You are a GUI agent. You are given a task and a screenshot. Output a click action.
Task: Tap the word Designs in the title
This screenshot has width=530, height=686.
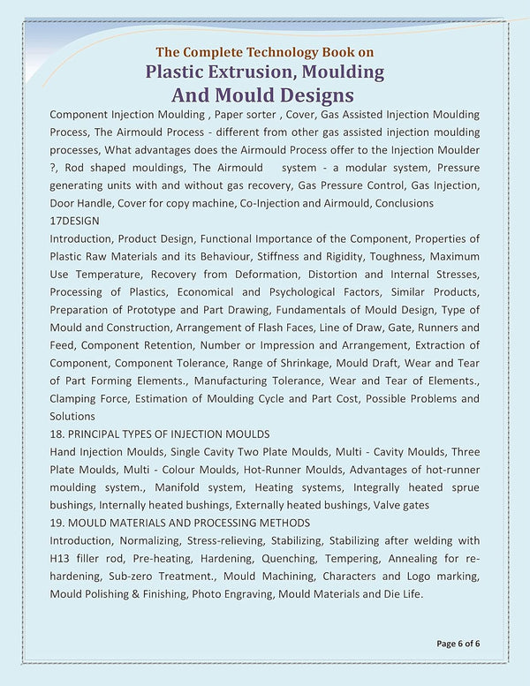(x=309, y=94)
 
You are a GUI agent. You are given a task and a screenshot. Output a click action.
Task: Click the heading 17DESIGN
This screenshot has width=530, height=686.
(x=75, y=221)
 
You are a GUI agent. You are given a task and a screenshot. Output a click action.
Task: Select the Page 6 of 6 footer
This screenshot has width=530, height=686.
(x=458, y=643)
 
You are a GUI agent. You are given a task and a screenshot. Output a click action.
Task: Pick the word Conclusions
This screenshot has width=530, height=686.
(x=403, y=203)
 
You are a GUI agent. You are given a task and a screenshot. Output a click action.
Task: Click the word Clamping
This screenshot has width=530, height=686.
(x=75, y=398)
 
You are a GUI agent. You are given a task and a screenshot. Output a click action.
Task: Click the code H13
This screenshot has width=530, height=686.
(x=61, y=558)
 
